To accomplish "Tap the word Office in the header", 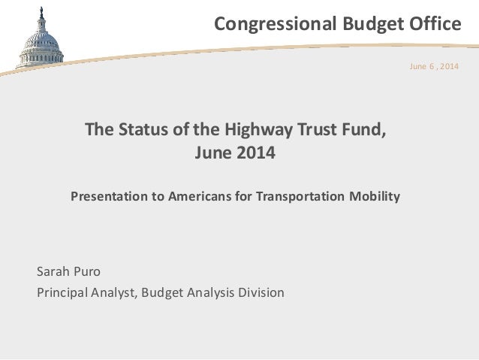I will tap(433, 25).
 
